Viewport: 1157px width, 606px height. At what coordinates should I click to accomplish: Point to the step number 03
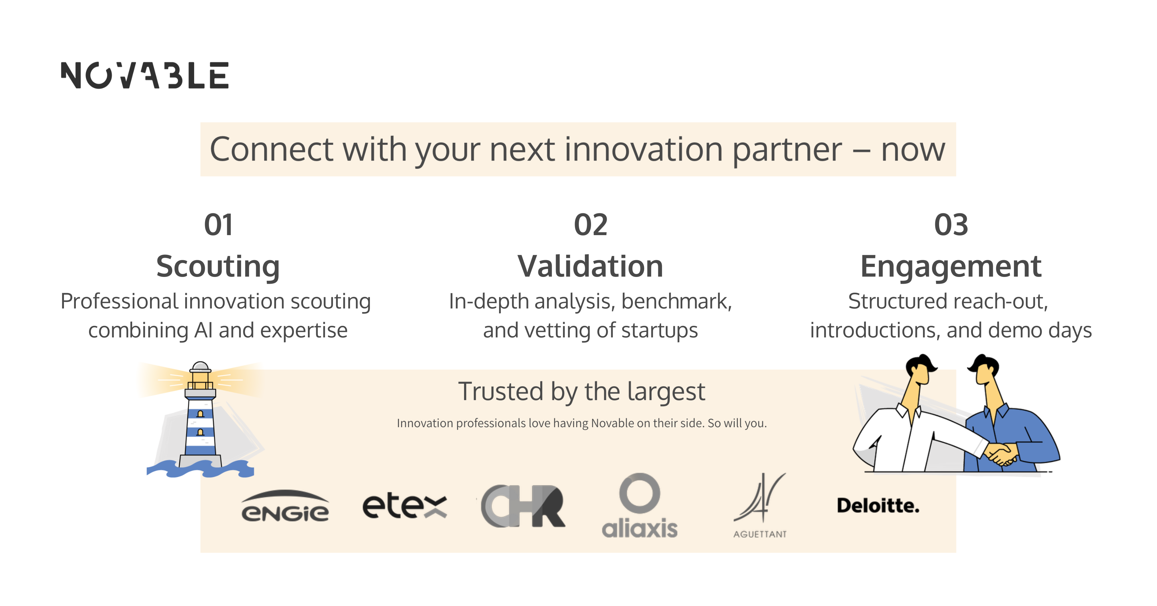click(x=951, y=225)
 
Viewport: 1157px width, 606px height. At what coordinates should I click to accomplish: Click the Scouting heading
click(x=218, y=267)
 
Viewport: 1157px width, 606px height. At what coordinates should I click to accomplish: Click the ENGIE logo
click(x=285, y=506)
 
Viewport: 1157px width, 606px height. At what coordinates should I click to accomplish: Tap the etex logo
click(x=404, y=506)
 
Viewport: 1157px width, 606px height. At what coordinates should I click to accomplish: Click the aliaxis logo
click(x=640, y=506)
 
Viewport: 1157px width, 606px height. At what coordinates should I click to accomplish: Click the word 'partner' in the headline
click(x=787, y=150)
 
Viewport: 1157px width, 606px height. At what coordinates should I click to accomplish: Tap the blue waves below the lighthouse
click(x=200, y=469)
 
